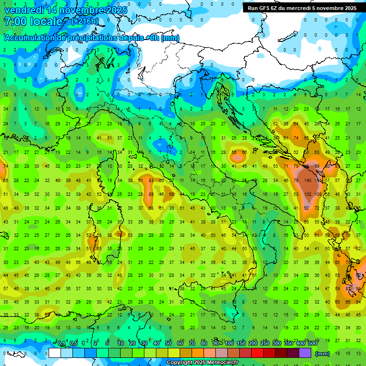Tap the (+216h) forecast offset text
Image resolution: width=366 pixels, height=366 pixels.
coord(85,21)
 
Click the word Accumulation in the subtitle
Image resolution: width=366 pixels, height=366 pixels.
coord(31,38)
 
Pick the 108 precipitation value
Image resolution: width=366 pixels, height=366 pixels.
coord(318,194)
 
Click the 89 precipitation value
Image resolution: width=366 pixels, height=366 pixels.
coord(151,194)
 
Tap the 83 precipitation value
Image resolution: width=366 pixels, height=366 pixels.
coord(151,181)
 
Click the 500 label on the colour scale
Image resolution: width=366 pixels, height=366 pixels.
coord(312,344)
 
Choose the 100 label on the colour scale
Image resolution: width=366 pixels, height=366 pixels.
coord(229,344)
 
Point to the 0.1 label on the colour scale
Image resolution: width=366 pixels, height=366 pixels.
coord(61,344)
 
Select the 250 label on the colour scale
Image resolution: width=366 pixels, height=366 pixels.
coord(264,344)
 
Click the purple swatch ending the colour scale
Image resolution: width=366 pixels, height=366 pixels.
coord(305,353)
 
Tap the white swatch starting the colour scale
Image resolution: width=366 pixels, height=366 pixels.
coord(54,353)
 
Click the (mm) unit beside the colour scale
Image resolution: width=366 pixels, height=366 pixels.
coord(322,354)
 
